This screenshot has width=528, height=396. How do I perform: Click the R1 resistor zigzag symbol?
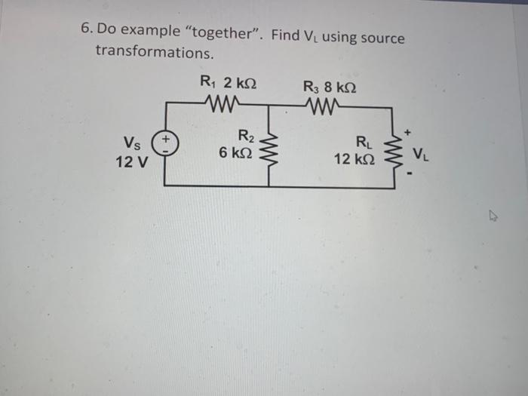221,104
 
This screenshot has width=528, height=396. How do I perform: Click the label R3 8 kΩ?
330,85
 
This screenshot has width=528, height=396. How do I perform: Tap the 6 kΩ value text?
235,152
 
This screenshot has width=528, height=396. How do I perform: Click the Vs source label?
130,143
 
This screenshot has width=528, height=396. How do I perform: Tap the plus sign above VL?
408,132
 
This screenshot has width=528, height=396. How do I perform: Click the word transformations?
154,53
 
